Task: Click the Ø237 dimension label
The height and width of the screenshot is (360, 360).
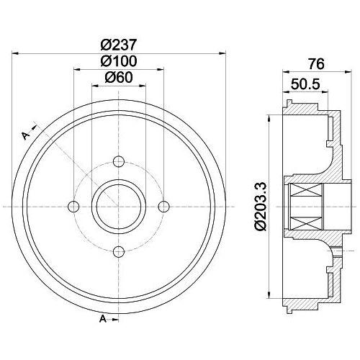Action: click(x=119, y=45)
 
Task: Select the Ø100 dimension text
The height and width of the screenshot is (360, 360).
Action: click(x=119, y=61)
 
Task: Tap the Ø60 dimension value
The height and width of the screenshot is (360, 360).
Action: click(x=119, y=77)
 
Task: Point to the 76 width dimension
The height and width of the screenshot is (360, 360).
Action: click(x=316, y=64)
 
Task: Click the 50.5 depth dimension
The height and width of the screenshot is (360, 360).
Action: click(x=305, y=84)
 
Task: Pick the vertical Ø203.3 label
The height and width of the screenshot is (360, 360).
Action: click(x=261, y=206)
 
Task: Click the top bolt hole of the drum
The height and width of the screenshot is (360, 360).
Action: click(x=119, y=161)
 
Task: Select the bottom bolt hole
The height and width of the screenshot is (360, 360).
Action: click(x=119, y=251)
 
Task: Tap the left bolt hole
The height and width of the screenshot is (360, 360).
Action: click(x=73, y=206)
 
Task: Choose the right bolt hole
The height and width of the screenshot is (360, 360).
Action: click(x=164, y=206)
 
